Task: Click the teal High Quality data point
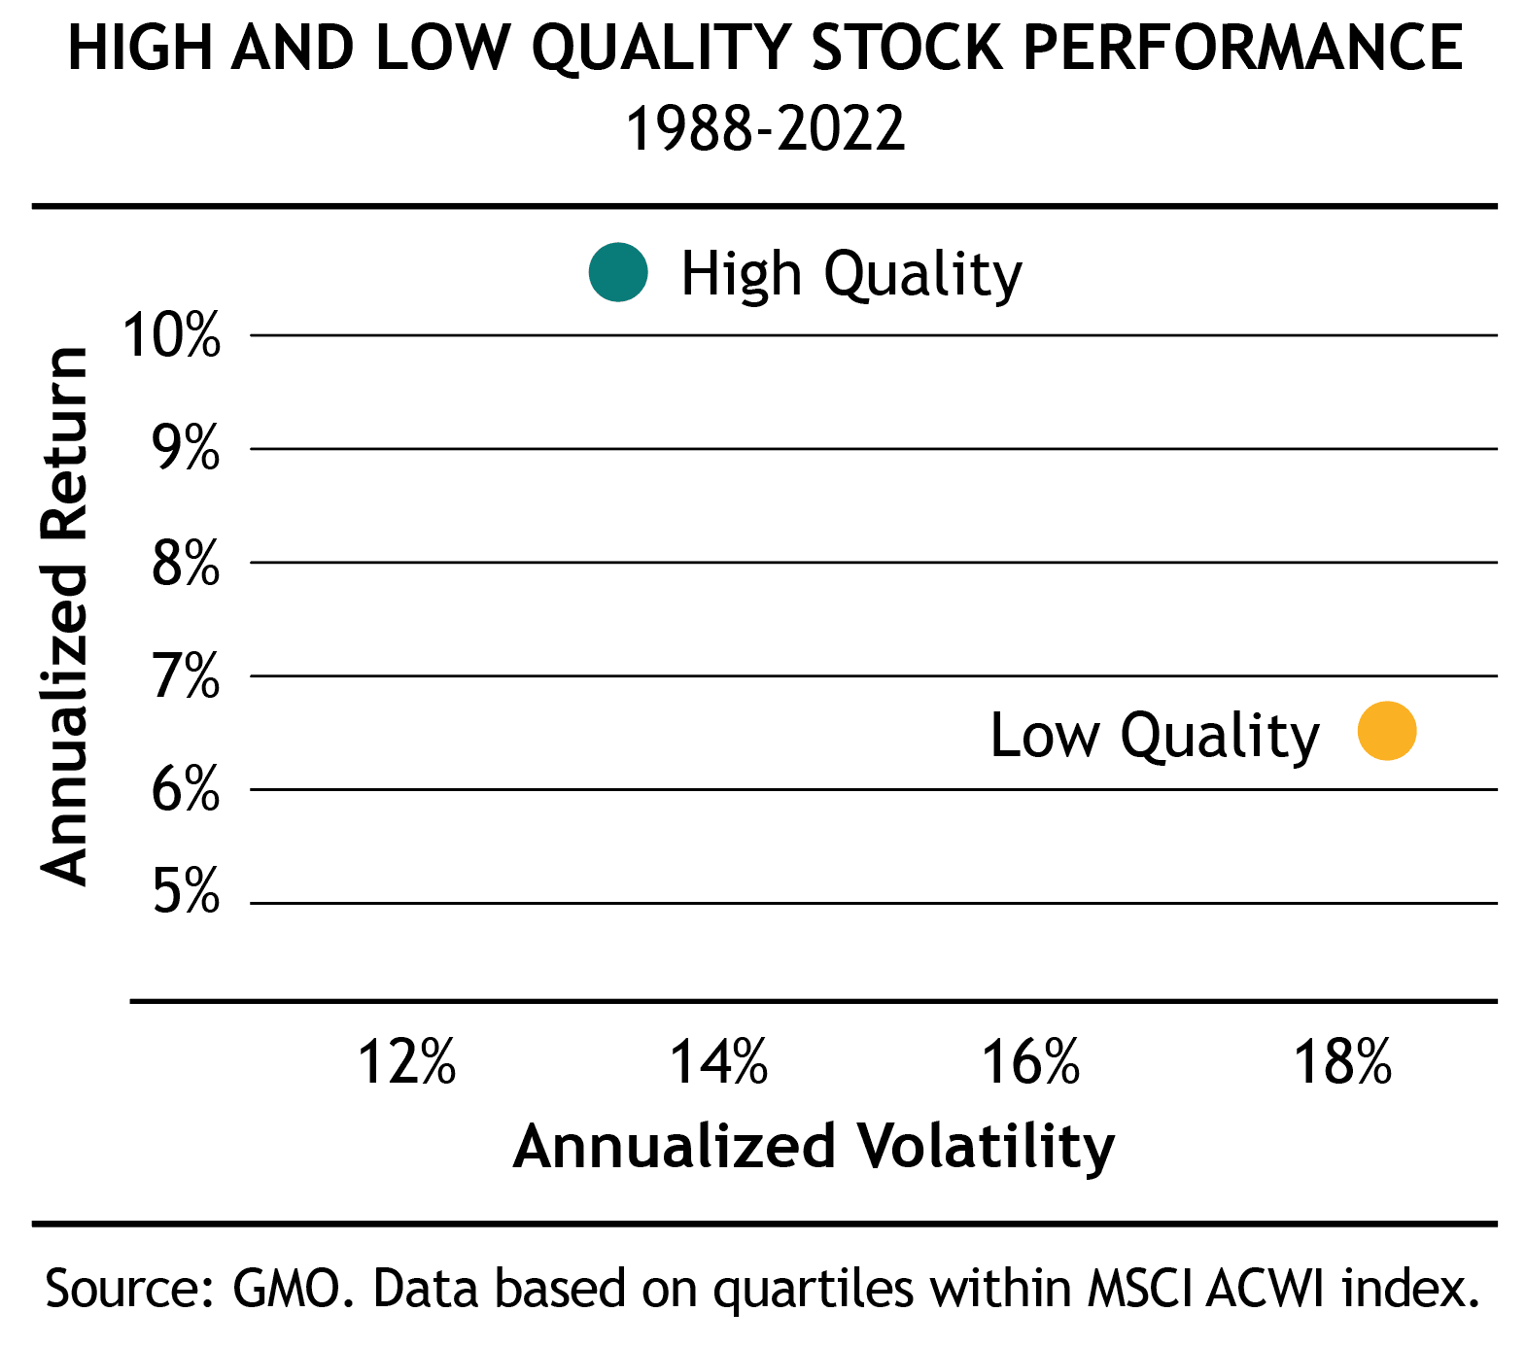coord(618,272)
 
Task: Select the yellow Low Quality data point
coord(1387,731)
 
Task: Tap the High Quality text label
coord(850,274)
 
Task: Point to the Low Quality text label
coord(1154,736)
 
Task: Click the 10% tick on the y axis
coord(172,336)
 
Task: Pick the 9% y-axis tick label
coord(185,449)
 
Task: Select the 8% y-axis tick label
coord(185,563)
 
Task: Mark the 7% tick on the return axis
coord(185,676)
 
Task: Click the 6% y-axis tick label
coord(185,789)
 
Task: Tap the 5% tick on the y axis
coord(185,890)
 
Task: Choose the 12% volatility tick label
coord(407,1061)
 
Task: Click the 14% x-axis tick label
coord(719,1061)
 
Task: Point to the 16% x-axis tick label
coord(1031,1061)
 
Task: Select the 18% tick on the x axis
coord(1343,1061)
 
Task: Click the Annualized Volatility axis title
coord(814,1147)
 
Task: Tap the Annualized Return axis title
coord(65,615)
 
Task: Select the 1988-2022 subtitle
coord(765,128)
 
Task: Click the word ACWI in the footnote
coord(1266,1289)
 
